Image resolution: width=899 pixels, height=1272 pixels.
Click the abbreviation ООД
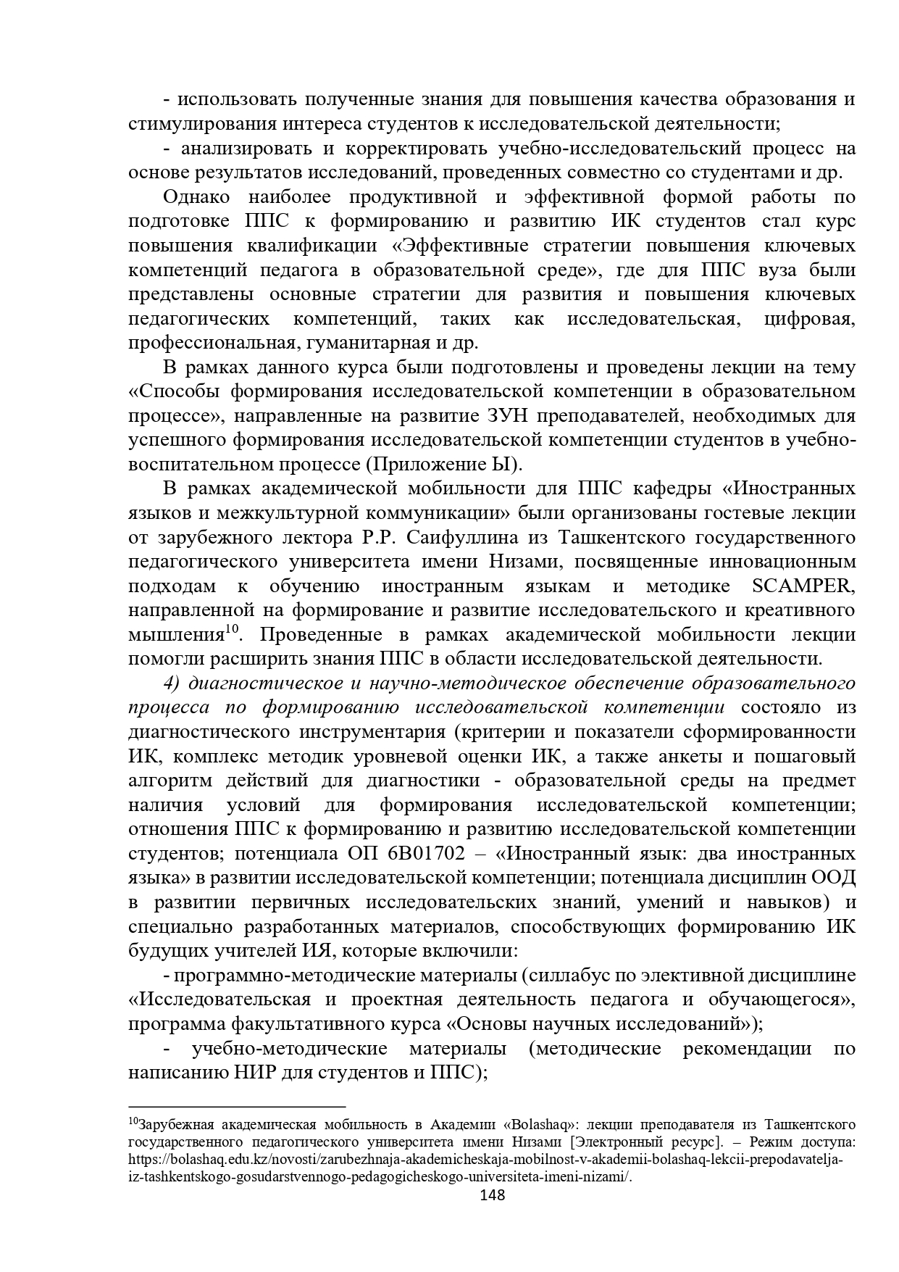point(833,878)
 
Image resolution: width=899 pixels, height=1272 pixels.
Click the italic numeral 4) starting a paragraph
point(172,683)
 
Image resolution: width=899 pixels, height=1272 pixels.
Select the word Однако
point(196,197)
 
